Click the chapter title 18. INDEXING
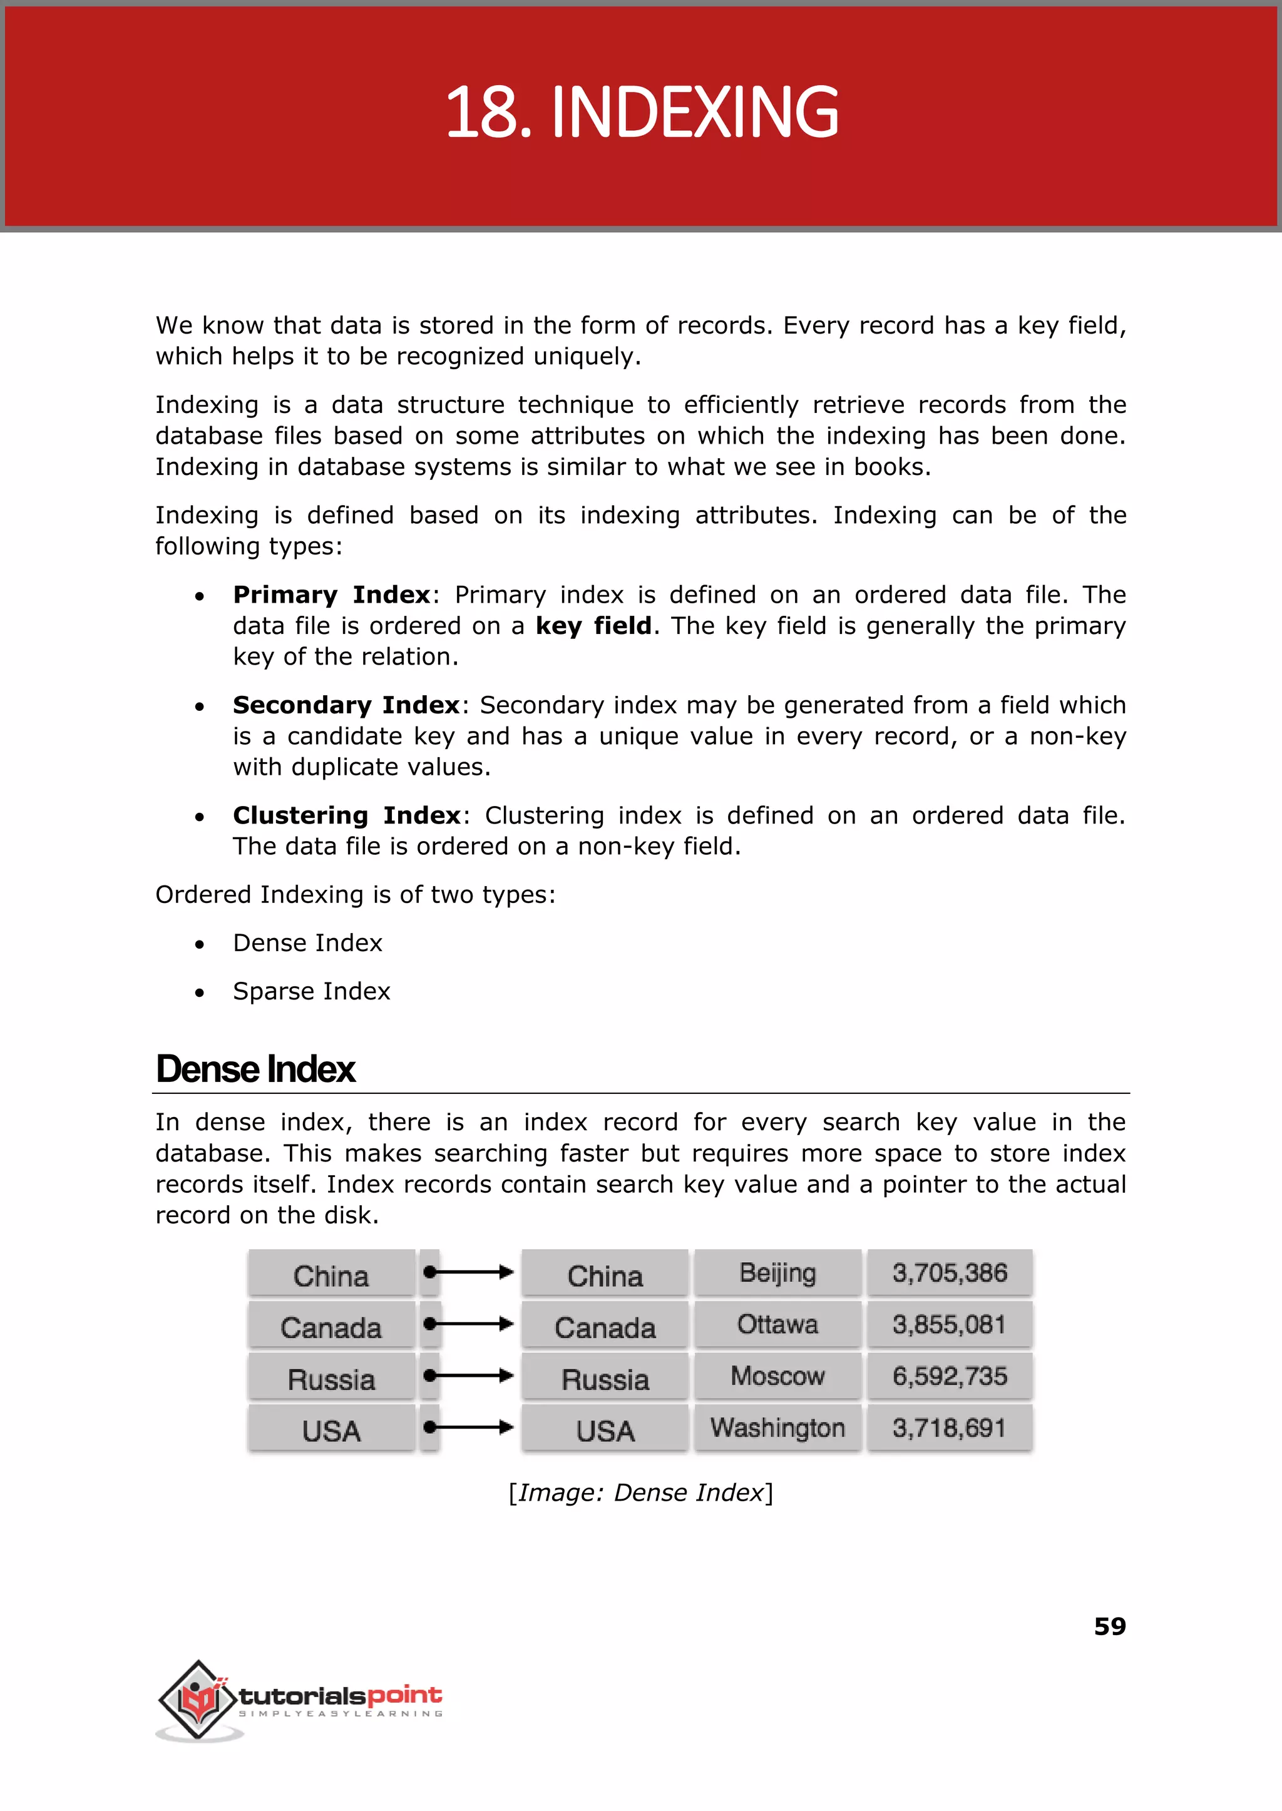click(641, 114)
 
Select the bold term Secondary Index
click(346, 705)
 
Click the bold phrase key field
click(593, 626)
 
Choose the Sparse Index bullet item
click(311, 991)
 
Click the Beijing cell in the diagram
click(777, 1272)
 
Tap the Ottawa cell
click(777, 1324)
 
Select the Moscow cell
click(777, 1375)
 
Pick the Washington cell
click(777, 1427)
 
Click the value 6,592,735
click(950, 1376)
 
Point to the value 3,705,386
click(950, 1272)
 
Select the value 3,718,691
click(950, 1427)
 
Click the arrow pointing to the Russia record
click(469, 1375)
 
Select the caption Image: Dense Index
click(640, 1492)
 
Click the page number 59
click(1109, 1626)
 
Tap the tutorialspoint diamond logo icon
click(198, 1699)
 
